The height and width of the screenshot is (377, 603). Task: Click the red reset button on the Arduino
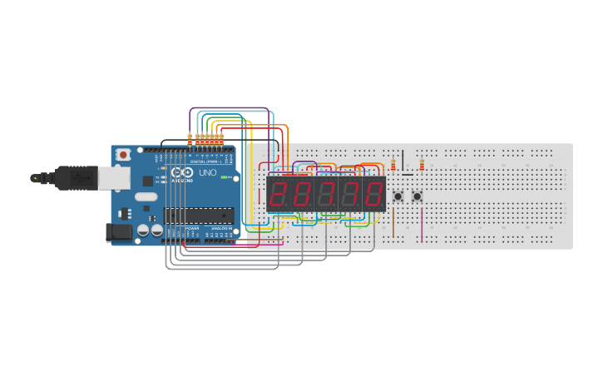[x=123, y=154]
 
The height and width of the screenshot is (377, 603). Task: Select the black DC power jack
[x=119, y=233]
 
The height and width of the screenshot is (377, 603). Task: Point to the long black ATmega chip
[x=198, y=216]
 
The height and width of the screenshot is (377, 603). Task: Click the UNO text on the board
[x=208, y=173]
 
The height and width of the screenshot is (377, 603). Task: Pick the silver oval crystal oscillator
[x=146, y=197]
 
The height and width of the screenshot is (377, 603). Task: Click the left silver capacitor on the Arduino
[x=143, y=230]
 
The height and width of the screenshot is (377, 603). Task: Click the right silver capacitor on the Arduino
[x=156, y=230]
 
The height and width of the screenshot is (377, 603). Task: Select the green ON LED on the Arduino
[x=224, y=177]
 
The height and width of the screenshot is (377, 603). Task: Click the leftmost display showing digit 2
[x=279, y=194]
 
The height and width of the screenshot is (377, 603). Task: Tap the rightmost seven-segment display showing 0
[x=374, y=194]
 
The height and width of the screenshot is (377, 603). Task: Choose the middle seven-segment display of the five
[x=326, y=194]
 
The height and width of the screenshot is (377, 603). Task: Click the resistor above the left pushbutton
[x=393, y=166]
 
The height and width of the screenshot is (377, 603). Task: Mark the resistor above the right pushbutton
[x=422, y=165]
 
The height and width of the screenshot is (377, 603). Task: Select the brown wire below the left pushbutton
[x=393, y=223]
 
